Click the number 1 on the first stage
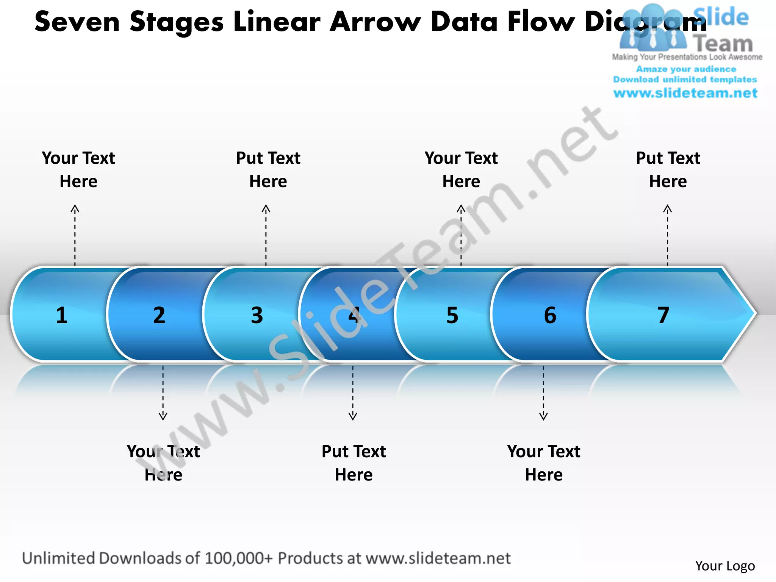(62, 315)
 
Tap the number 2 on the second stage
(159, 315)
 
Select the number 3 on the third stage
(257, 315)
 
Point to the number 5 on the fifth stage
(452, 315)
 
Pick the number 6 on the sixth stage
(550, 315)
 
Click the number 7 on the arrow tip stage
(663, 315)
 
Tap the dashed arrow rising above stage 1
(75, 235)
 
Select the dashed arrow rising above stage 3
(266, 235)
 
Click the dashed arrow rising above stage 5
(461, 235)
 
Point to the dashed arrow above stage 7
(668, 235)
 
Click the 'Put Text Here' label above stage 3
(268, 169)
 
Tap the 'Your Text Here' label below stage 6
(544, 463)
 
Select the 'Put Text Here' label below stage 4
(354, 463)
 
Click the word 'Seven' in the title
(77, 22)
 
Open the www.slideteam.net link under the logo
(685, 93)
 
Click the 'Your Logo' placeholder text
(725, 566)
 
